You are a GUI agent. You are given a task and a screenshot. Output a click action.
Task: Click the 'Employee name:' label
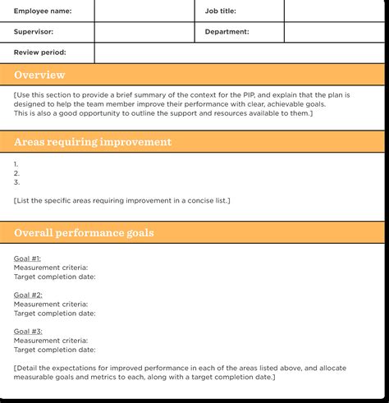43,11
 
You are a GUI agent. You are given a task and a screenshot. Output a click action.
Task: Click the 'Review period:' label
40,53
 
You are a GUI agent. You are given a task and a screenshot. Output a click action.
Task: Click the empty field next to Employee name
144,11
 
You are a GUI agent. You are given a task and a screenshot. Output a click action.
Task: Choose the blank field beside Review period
238,53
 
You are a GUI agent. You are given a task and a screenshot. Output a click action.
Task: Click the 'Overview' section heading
39,76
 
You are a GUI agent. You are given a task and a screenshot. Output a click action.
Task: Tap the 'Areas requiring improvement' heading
93,142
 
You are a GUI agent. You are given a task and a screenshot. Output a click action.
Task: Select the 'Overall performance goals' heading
84,233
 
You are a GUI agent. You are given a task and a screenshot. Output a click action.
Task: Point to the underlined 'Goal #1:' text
28,259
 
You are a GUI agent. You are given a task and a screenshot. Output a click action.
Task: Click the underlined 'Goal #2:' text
28,295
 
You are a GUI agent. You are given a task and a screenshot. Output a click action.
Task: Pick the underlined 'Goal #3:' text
28,331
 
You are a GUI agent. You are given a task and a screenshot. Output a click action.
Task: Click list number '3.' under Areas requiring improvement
16,182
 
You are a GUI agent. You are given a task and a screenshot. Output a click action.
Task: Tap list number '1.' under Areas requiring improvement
16,164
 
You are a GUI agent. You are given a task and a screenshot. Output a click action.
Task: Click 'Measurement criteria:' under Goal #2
51,304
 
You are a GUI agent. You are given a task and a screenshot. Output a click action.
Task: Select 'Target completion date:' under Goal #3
54,349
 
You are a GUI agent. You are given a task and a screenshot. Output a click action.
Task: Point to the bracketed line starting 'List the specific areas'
122,200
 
